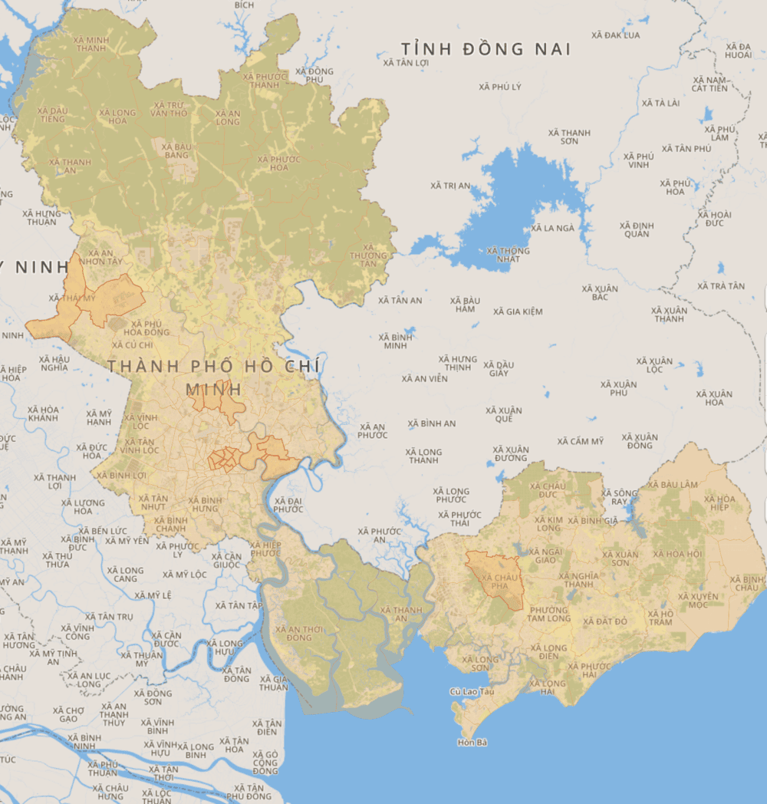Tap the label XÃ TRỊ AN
pyautogui.click(x=450, y=186)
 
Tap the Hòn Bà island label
pyautogui.click(x=472, y=743)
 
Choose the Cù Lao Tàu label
pyautogui.click(x=472, y=692)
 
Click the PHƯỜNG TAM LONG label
pyautogui.click(x=548, y=614)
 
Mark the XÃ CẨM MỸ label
pyautogui.click(x=581, y=441)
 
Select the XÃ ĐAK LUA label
pyautogui.click(x=616, y=35)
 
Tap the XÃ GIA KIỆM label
pyautogui.click(x=518, y=311)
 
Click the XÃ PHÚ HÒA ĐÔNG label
pyautogui.click(x=146, y=328)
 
